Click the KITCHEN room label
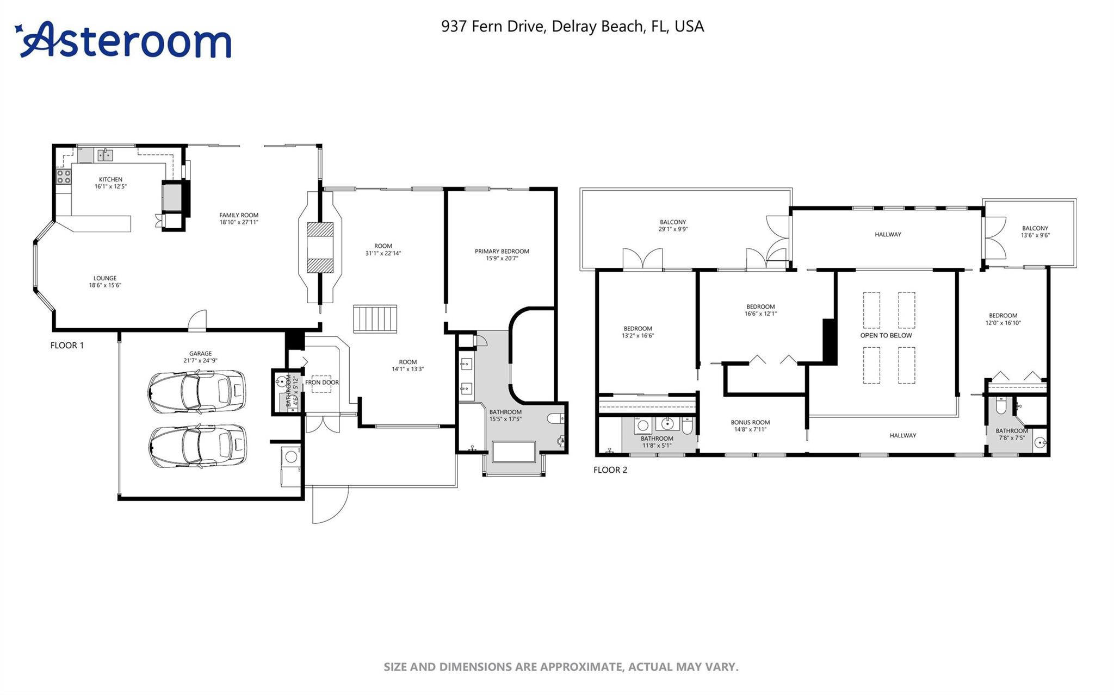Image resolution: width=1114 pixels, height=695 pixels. tap(110, 179)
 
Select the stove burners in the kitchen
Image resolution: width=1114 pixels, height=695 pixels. tap(64, 176)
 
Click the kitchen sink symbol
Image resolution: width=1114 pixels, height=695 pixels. tap(105, 155)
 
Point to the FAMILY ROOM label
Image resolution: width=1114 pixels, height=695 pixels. tap(238, 215)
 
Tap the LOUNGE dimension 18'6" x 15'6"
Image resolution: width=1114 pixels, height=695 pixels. tap(105, 285)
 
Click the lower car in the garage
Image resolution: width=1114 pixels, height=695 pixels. tap(196, 446)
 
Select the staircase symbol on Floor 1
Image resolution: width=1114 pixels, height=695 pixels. tap(375, 318)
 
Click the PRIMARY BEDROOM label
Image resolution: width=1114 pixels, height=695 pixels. tap(502, 251)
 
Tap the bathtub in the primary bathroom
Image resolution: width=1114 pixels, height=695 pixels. tap(513, 452)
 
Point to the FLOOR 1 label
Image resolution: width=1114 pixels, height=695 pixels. tap(67, 345)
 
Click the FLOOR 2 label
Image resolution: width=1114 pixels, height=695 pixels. tap(610, 470)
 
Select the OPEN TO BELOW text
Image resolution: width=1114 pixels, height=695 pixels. tap(886, 335)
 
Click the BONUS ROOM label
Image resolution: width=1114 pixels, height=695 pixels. tap(750, 422)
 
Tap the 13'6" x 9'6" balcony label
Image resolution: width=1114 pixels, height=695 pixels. tap(1035, 235)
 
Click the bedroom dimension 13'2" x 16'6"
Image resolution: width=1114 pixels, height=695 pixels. tap(638, 336)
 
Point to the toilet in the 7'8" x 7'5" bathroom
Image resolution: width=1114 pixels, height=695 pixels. tap(1001, 405)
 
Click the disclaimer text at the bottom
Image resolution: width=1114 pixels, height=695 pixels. tap(560, 667)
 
